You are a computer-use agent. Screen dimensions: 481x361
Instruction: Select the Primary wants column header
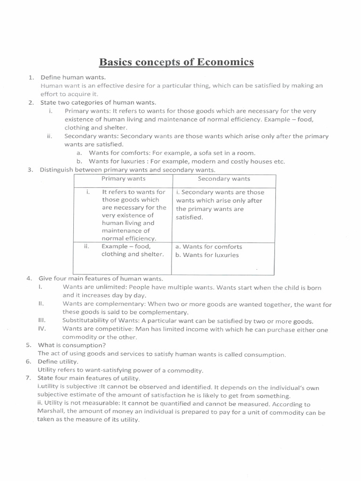click(123, 178)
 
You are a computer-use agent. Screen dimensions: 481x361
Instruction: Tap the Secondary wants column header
click(224, 178)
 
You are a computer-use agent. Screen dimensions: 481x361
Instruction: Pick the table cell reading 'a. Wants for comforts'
click(208, 247)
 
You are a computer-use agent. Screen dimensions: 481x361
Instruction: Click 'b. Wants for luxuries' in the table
click(207, 255)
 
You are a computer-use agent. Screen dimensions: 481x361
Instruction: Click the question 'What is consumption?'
click(72, 345)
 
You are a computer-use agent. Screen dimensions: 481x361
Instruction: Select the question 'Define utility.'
click(59, 362)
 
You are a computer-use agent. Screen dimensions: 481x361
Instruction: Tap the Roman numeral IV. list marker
click(41, 329)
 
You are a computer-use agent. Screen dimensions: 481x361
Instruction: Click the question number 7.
click(29, 379)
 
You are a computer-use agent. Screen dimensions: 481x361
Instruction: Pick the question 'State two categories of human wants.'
click(98, 102)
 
